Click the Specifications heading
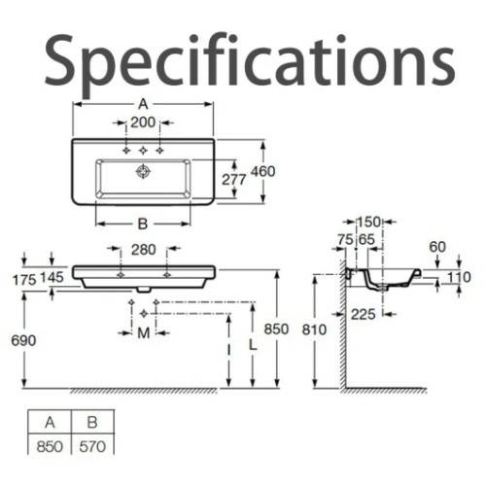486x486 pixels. point(250,61)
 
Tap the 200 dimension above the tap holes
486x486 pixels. point(143,122)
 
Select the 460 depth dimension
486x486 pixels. point(263,171)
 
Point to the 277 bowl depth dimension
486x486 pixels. point(234,180)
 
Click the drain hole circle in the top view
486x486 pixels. point(143,171)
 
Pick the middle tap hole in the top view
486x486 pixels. point(143,151)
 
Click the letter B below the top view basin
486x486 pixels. point(143,224)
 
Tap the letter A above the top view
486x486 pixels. point(143,104)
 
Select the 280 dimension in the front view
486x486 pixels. point(144,250)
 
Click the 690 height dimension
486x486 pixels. point(23,340)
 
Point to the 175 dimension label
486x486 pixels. point(24,280)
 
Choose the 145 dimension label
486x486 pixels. point(52,277)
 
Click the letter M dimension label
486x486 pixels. point(144,333)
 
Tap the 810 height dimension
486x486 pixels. point(314,330)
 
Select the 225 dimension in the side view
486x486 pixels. point(364,314)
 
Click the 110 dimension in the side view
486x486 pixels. point(459,277)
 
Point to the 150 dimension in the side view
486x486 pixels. point(368,222)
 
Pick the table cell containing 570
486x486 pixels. point(92,446)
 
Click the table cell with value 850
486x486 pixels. point(50,446)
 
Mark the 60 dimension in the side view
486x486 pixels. point(437,247)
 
